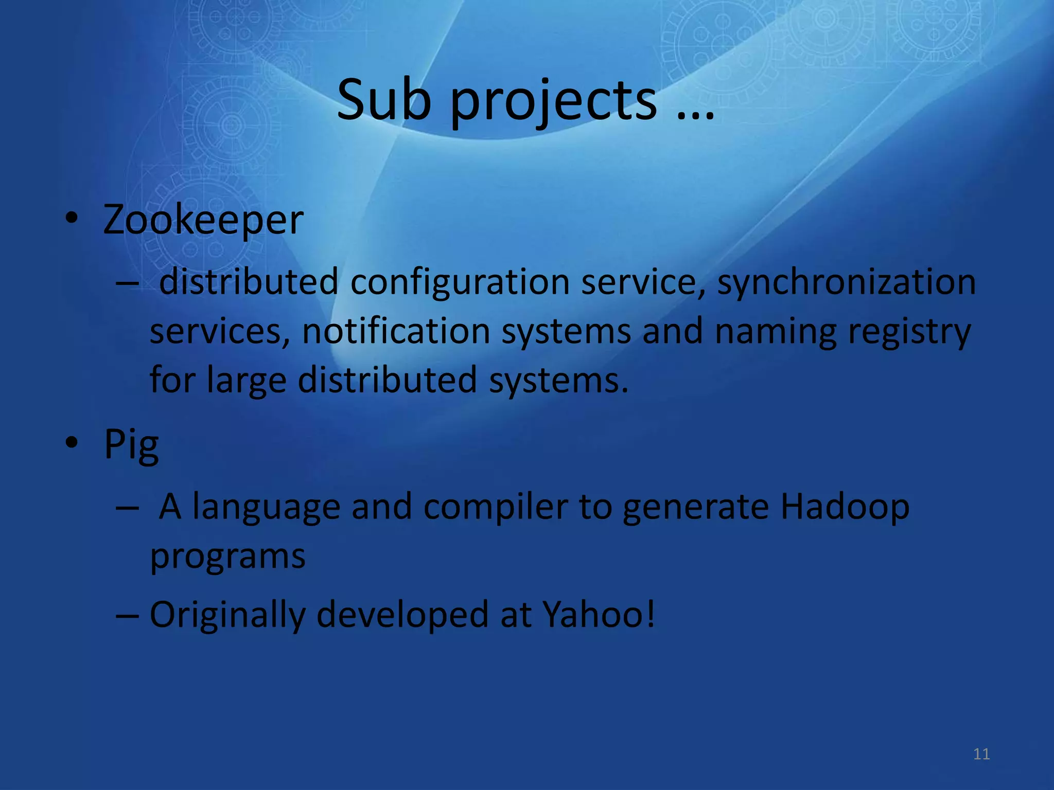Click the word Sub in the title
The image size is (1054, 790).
coord(383,100)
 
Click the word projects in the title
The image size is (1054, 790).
coord(553,103)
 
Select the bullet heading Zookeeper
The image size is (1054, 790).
coord(203,220)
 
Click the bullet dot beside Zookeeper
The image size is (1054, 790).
coord(72,219)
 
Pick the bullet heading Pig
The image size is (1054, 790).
coord(131,445)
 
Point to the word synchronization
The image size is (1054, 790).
coord(846,283)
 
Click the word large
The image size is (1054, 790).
coord(247,381)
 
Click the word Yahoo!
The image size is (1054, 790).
coord(599,614)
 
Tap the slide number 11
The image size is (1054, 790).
coord(981,754)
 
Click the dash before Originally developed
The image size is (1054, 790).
coord(127,615)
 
